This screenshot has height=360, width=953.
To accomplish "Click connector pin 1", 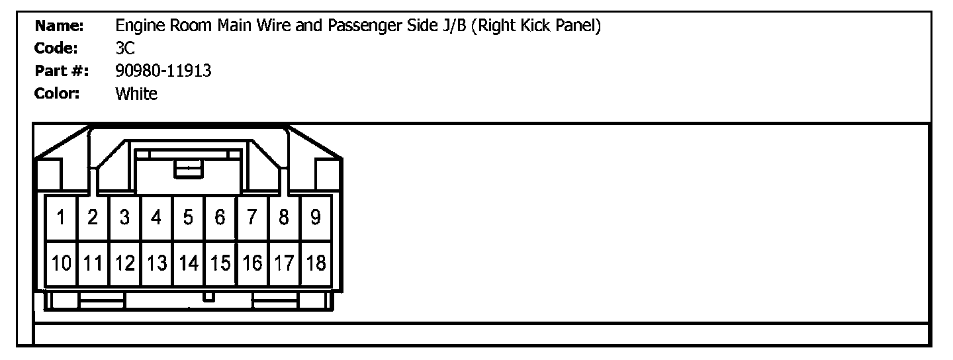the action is click(61, 217).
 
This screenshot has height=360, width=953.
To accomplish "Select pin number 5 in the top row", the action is click(188, 217).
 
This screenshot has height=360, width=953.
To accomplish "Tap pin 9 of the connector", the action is click(316, 217).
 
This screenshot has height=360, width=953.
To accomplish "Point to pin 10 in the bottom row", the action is click(62, 263).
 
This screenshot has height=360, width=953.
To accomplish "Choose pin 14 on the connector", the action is click(188, 263).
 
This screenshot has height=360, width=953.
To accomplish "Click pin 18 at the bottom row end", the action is click(316, 263).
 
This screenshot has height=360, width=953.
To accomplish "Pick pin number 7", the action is click(251, 217).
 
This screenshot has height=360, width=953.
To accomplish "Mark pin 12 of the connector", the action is click(124, 263).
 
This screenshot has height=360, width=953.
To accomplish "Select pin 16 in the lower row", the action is click(252, 263).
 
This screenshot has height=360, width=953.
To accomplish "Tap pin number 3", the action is click(124, 217).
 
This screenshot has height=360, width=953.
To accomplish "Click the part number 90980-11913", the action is click(163, 71).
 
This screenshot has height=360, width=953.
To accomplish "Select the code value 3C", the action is click(124, 48).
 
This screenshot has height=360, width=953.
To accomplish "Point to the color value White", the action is click(136, 93).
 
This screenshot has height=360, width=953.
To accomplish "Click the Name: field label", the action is click(59, 26).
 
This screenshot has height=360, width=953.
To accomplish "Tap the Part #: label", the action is click(62, 71).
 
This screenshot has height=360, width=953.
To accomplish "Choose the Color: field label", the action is click(57, 93).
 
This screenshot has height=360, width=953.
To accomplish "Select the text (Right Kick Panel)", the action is click(537, 26).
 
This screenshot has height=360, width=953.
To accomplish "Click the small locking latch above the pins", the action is click(188, 169).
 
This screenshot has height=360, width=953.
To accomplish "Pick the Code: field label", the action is click(57, 48).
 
